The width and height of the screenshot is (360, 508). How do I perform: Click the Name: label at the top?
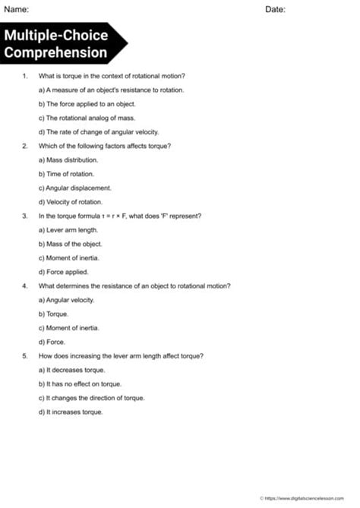click(17, 9)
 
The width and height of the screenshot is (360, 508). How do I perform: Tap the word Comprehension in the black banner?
click(55, 53)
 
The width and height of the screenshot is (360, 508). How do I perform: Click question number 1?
click(25, 76)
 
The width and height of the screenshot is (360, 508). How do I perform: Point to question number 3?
click(25, 216)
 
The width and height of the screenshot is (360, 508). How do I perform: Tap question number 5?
click(25, 355)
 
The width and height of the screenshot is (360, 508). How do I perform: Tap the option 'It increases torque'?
click(70, 412)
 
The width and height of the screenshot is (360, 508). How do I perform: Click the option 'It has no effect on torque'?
click(79, 383)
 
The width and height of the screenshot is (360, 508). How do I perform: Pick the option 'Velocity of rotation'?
click(70, 201)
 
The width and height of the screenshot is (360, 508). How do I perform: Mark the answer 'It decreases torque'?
click(71, 370)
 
